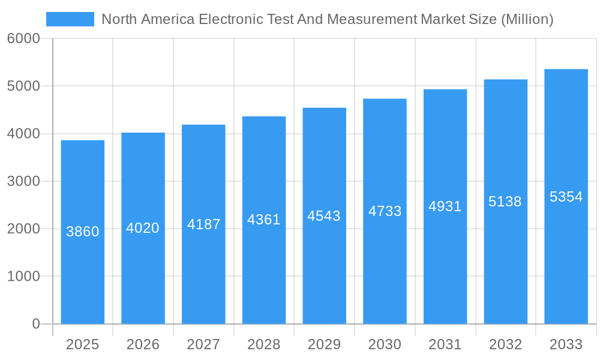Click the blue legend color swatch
[70, 19]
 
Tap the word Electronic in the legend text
[231, 19]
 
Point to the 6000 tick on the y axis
[23, 39]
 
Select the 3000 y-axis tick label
[23, 181]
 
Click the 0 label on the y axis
[35, 324]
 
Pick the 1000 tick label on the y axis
[23, 277]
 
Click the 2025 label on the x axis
[82, 344]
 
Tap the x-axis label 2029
[324, 344]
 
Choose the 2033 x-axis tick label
[566, 344]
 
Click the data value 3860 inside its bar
[83, 232]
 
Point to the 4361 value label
[264, 220]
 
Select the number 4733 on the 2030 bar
[385, 211]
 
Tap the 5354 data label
[566, 197]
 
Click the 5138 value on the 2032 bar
[505, 202]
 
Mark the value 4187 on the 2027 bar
[203, 224]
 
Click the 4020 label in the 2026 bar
[143, 228]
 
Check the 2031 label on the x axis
[445, 344]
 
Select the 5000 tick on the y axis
[23, 86]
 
